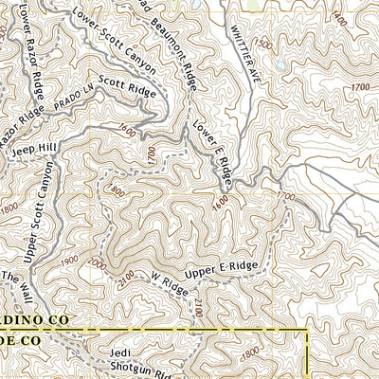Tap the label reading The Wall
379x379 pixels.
pyautogui.click(x=15, y=283)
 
